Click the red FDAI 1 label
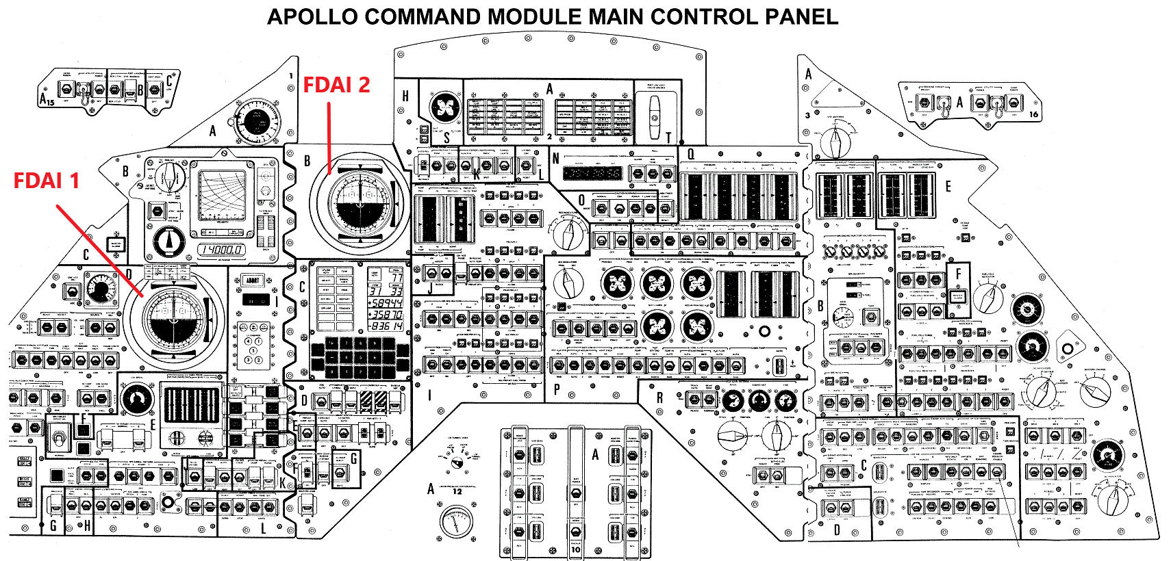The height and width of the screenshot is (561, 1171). pyautogui.click(x=47, y=181)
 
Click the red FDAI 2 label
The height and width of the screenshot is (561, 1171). pyautogui.click(x=336, y=85)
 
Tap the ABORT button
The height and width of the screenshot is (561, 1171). pyautogui.click(x=253, y=280)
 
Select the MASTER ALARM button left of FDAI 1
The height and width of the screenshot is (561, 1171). pyautogui.click(x=115, y=245)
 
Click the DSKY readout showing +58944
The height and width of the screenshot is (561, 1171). pyautogui.click(x=386, y=302)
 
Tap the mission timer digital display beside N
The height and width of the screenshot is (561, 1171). pyautogui.click(x=592, y=174)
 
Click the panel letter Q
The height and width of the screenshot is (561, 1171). pyautogui.click(x=691, y=154)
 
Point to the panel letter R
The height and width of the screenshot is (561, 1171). pyautogui.click(x=659, y=397)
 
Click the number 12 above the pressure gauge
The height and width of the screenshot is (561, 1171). pyautogui.click(x=457, y=491)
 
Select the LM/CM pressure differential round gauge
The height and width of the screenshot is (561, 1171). pyautogui.click(x=456, y=522)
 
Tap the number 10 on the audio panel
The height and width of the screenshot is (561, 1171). pyautogui.click(x=575, y=549)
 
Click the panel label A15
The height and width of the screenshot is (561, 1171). pyautogui.click(x=47, y=99)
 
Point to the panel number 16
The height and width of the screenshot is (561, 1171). pyautogui.click(x=1033, y=114)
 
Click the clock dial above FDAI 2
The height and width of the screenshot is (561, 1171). pyautogui.click(x=257, y=122)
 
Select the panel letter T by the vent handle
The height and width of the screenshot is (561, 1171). pyautogui.click(x=668, y=138)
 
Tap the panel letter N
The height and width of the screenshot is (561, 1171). pyautogui.click(x=555, y=158)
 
